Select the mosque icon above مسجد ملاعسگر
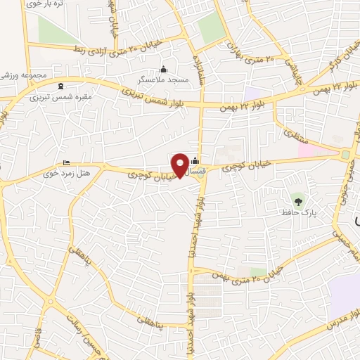(x=164, y=69)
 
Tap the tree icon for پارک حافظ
(x=298, y=200)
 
